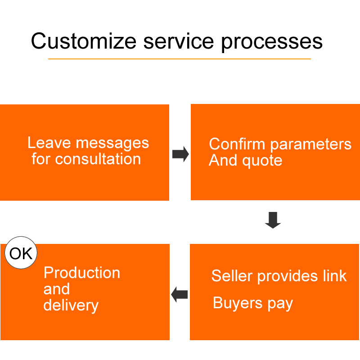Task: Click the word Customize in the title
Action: pos(84,41)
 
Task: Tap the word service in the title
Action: pos(179,41)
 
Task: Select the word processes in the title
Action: pos(272,43)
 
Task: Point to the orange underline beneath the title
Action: pos(179,59)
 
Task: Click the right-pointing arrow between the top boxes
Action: pos(181,154)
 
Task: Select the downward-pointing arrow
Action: pos(273,220)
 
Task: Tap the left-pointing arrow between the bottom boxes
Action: pos(179,295)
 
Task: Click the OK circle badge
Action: pos(21,252)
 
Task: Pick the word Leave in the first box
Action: pos(49,143)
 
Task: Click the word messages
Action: pos(112,144)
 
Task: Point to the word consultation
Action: pos(98,159)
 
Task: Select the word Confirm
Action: pos(237,144)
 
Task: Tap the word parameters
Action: pos(310,145)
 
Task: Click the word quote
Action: pos(262,161)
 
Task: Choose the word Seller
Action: pos(232,275)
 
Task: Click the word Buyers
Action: pos(238,303)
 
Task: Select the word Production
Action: pos(82,273)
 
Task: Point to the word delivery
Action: pos(71,306)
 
